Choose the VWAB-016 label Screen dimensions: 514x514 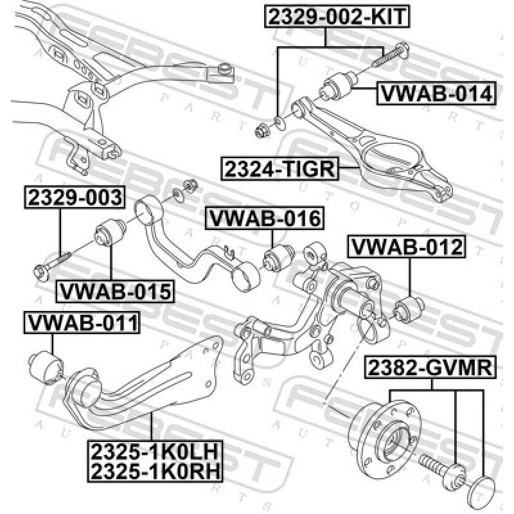pyautogui.click(x=263, y=218)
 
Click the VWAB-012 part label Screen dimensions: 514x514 pyautogui.click(x=406, y=246)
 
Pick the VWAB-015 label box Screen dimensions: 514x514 pyautogui.click(x=116, y=292)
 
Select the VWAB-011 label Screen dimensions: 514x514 pyautogui.click(x=81, y=323)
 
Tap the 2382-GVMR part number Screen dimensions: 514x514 pyautogui.click(x=430, y=368)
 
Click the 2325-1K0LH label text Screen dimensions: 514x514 pyautogui.click(x=154, y=452)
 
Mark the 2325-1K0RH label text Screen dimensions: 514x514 pyautogui.click(x=154, y=472)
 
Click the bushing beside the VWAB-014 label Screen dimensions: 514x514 pyautogui.click(x=338, y=87)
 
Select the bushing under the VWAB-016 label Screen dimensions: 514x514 pyautogui.click(x=278, y=258)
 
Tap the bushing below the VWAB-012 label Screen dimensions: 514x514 pyautogui.click(x=409, y=309)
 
